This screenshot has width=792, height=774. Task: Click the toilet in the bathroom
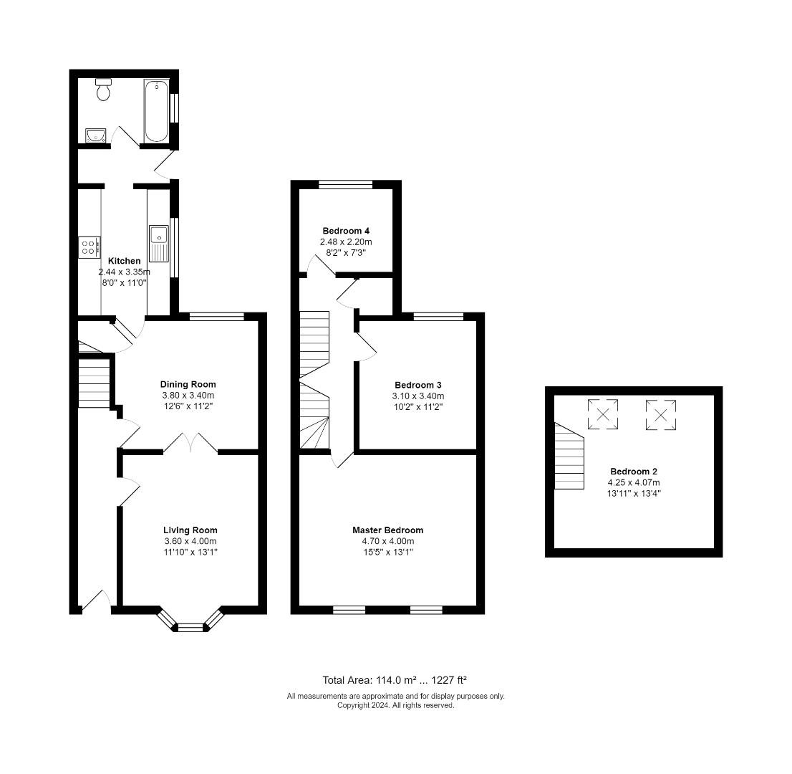click(x=103, y=90)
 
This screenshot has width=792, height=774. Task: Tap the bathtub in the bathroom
click(x=156, y=110)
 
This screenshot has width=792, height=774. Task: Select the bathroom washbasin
click(x=95, y=135)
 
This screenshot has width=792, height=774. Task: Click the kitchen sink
click(x=158, y=244)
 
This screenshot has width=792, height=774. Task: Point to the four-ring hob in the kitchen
click(x=90, y=247)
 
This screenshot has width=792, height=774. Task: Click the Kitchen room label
click(x=125, y=261)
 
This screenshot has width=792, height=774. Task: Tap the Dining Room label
click(x=188, y=384)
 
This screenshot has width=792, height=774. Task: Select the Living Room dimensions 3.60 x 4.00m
click(x=190, y=541)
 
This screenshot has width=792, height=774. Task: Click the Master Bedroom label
click(x=388, y=530)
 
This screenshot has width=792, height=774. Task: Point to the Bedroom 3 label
click(x=418, y=385)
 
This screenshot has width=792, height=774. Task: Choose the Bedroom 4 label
click(x=346, y=231)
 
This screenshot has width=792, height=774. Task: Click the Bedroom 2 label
click(x=634, y=471)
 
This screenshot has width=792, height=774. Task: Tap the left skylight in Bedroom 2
click(x=603, y=414)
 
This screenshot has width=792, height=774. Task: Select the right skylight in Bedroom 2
click(x=661, y=414)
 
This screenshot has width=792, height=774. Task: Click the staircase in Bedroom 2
click(x=569, y=456)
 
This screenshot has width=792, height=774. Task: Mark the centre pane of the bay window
click(x=190, y=628)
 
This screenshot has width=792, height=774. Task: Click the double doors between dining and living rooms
click(x=190, y=441)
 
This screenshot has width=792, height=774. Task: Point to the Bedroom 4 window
click(x=345, y=184)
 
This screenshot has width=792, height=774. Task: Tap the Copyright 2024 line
click(x=396, y=705)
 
